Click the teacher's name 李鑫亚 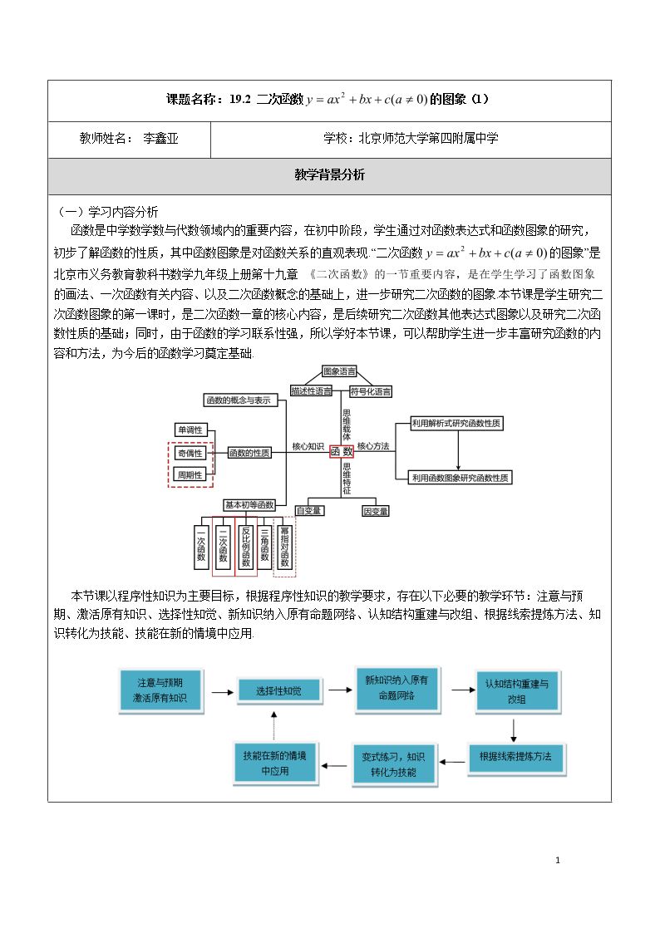click(160, 139)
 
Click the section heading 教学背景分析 click(329, 175)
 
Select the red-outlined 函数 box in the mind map click(342, 452)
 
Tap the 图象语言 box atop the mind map click(339, 372)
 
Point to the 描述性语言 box click(311, 391)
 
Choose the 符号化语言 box click(370, 391)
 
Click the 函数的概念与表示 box click(238, 400)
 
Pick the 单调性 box click(190, 430)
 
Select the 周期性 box click(190, 475)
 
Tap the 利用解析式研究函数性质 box click(456, 423)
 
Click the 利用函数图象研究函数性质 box click(461, 478)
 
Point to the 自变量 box click(309, 510)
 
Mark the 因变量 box click(376, 511)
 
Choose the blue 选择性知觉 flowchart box click(279, 691)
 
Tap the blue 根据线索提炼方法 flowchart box click(515, 757)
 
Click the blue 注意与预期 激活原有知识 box click(160, 690)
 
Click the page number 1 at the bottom click(558, 860)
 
